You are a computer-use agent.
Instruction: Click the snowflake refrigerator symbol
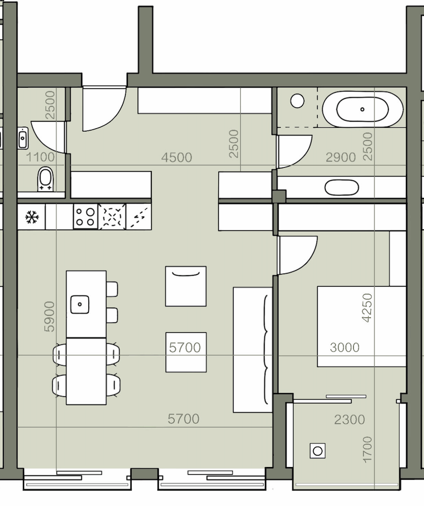(x=31, y=217)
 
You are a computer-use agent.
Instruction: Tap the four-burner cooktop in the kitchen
(x=86, y=217)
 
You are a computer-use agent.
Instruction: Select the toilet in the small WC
(x=45, y=179)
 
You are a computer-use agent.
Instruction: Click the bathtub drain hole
(x=363, y=110)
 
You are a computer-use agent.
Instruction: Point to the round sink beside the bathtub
(x=297, y=101)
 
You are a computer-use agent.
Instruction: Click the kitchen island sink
(x=80, y=304)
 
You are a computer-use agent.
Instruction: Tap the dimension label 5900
(x=49, y=316)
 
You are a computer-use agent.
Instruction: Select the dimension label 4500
(x=177, y=157)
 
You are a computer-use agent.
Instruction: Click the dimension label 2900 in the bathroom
(x=341, y=157)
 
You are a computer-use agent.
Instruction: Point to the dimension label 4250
(x=367, y=308)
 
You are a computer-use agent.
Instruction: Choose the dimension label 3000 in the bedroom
(x=344, y=348)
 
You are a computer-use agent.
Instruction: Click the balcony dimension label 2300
(x=349, y=419)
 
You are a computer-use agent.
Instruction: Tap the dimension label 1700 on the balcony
(x=367, y=450)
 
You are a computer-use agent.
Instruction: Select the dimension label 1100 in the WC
(x=40, y=157)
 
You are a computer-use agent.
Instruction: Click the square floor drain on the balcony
(x=318, y=451)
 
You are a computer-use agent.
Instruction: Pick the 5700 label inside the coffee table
(x=185, y=348)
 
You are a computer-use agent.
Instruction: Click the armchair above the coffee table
(x=186, y=286)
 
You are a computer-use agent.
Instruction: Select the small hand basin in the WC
(x=23, y=138)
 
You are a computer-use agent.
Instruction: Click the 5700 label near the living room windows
(x=183, y=419)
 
